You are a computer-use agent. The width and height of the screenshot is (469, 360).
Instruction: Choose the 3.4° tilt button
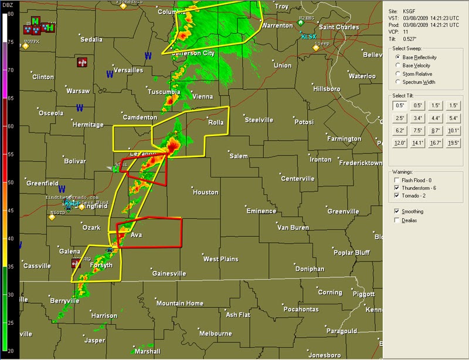point(417,118)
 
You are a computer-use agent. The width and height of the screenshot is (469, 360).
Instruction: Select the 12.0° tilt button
point(400,143)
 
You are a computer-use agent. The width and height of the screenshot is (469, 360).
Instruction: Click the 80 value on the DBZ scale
point(10,13)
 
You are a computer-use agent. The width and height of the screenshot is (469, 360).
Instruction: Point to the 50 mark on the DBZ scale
point(10,182)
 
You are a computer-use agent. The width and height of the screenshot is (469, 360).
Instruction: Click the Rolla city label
point(216,123)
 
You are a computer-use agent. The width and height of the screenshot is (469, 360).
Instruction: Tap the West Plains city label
point(220,259)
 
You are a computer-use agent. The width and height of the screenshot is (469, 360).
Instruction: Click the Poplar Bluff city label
point(351,253)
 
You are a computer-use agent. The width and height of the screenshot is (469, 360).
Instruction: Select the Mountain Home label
point(179,303)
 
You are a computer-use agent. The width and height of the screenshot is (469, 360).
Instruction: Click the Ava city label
point(136,235)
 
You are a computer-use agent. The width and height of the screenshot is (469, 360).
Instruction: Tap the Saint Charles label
point(338,27)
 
